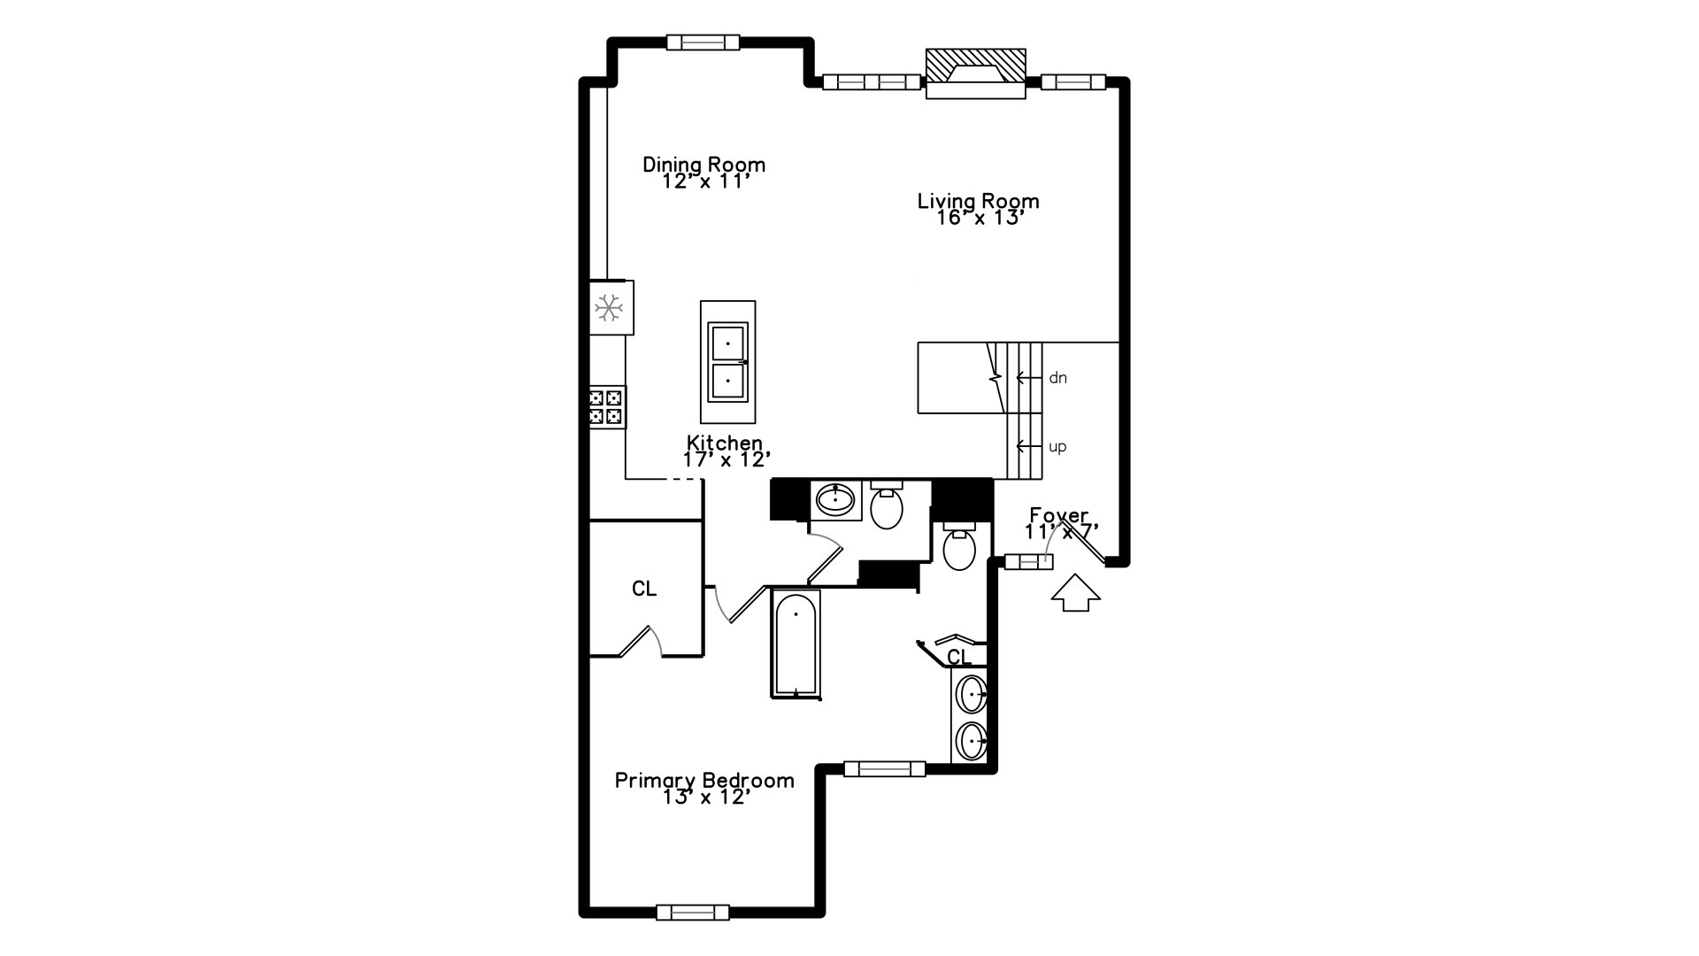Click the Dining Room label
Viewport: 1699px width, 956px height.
point(703,165)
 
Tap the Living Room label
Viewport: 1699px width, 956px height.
point(978,201)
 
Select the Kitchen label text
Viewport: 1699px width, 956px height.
point(724,443)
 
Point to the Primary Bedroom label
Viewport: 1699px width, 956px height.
point(704,780)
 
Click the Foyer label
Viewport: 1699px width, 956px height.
point(1058,515)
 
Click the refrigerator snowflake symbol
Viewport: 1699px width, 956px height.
point(609,308)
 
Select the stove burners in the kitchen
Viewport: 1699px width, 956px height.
point(607,407)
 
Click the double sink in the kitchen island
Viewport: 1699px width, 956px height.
point(727,361)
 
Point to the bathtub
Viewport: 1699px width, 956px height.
point(796,644)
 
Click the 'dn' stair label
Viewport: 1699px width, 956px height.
point(1057,378)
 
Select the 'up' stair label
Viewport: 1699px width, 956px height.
point(1057,447)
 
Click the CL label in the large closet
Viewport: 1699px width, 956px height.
point(644,589)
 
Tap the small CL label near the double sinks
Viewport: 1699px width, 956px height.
point(959,657)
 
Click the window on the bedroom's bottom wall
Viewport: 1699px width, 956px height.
point(693,912)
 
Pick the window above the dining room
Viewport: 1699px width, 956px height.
point(703,42)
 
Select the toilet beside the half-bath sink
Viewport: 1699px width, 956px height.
point(886,506)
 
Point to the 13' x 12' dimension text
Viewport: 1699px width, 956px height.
point(706,798)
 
